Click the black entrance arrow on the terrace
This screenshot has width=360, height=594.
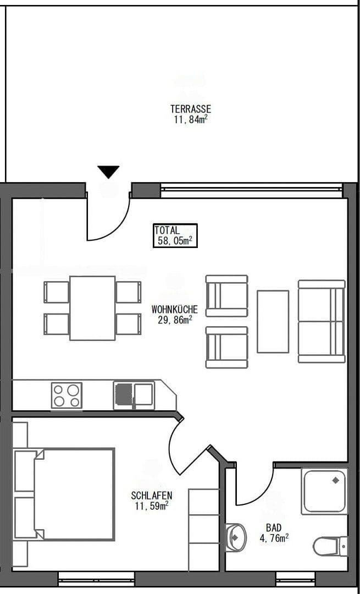(108, 172)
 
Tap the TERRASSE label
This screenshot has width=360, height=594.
(190, 109)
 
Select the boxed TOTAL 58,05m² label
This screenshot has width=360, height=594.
(175, 235)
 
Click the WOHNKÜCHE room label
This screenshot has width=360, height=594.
(175, 309)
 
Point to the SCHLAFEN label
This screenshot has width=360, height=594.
(152, 495)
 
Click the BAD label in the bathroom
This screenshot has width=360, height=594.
(274, 527)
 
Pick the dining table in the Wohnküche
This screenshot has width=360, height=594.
(92, 308)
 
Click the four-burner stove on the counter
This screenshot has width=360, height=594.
(67, 395)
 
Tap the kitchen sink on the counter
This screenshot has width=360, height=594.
(134, 395)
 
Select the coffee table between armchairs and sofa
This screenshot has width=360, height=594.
(273, 322)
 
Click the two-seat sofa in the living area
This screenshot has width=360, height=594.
(322, 321)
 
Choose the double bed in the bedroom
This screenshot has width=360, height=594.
(64, 494)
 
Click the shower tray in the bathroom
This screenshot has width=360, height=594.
(324, 491)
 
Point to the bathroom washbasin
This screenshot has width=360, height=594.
(235, 537)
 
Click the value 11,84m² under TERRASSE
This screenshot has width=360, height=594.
(190, 120)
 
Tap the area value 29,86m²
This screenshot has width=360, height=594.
(175, 320)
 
